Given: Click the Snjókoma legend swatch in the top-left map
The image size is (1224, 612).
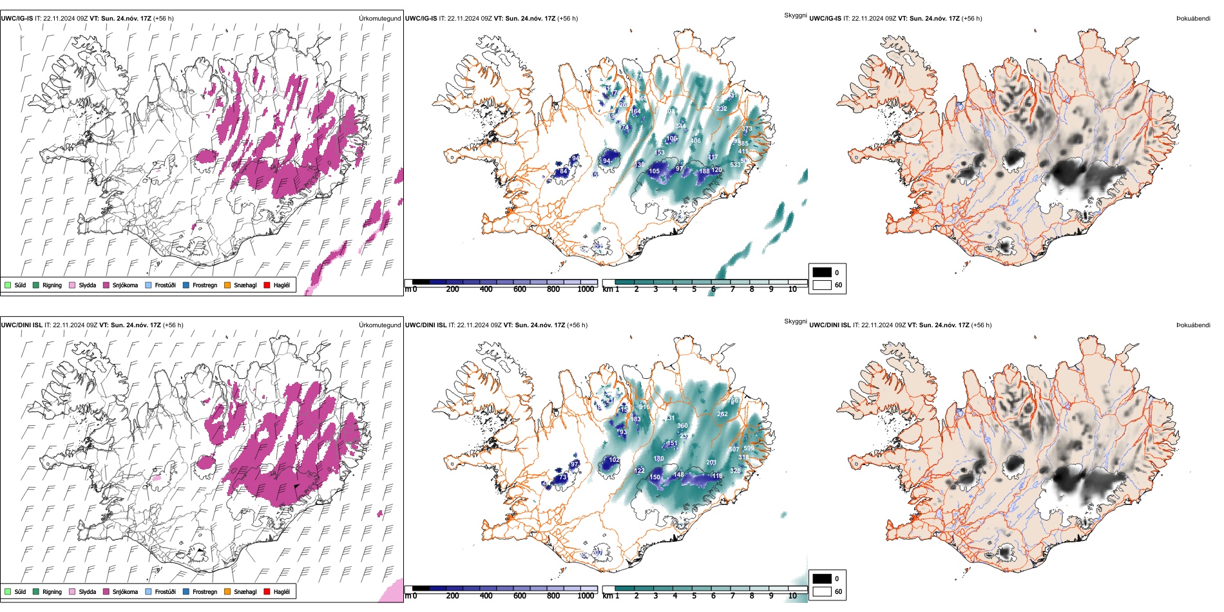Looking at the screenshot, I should [106, 285].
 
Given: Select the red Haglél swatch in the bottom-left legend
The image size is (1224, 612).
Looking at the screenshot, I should [267, 591].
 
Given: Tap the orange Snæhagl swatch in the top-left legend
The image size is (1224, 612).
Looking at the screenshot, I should [227, 285].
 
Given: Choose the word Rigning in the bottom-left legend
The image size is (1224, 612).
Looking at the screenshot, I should [52, 591].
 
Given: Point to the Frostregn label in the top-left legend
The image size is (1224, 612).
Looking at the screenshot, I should [205, 285].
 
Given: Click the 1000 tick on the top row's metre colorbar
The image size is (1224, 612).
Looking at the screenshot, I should [586, 289].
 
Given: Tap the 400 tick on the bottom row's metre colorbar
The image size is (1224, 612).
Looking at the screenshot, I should [486, 596].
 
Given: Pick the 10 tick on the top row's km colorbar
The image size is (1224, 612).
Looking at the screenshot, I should [792, 289].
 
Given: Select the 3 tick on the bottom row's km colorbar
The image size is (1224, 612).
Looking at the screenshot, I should [656, 596].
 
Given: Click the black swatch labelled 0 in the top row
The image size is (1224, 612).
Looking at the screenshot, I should [822, 273].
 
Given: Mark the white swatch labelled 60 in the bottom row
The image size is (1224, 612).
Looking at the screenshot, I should [822, 591].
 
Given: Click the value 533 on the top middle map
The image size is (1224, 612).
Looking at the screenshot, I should [735, 165].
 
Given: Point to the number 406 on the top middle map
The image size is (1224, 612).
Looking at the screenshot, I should [695, 140].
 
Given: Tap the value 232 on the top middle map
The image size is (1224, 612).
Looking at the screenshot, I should [722, 108].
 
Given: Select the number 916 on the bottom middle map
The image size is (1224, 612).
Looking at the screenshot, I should [644, 407].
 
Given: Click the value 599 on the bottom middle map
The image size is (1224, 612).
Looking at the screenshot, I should [749, 448].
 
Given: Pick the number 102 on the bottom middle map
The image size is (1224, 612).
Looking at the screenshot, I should [614, 460].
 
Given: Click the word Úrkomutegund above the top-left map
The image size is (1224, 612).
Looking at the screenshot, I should [379, 19].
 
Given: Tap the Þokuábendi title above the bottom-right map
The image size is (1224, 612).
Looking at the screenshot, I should [1193, 325].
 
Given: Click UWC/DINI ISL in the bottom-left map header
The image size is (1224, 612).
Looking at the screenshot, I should [21, 325].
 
